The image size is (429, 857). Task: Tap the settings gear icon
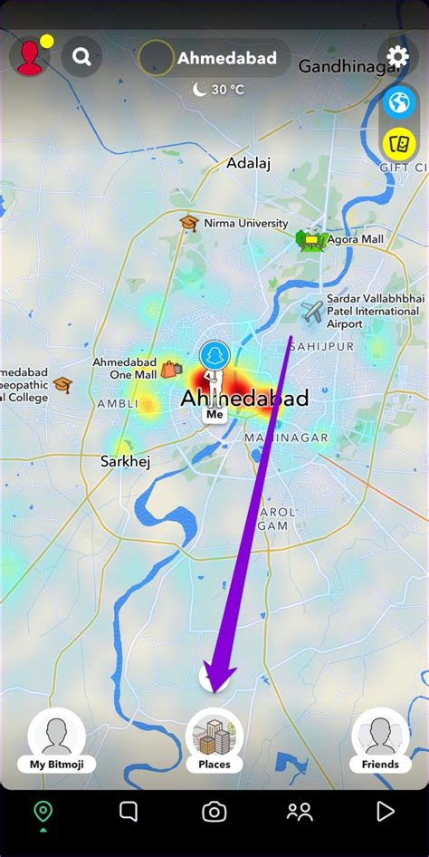point(398,57)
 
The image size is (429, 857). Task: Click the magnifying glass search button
point(81,58)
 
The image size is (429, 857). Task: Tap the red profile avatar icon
point(30,57)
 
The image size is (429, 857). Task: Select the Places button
point(214,738)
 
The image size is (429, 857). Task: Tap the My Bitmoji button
point(57,738)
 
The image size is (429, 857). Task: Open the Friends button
point(380,738)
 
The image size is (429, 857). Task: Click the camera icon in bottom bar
point(214,812)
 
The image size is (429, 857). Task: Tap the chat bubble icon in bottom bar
point(129,812)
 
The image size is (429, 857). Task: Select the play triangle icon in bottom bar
point(386,812)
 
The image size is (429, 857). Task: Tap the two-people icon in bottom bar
point(300,812)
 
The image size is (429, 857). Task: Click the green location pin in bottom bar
point(43,812)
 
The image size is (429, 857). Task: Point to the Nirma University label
point(245,223)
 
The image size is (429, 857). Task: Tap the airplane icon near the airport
point(312,313)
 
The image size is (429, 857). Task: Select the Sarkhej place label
point(125,461)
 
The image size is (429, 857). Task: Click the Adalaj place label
point(248,163)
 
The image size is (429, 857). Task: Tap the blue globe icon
point(398,102)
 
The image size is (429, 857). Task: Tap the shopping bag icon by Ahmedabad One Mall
point(171,369)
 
